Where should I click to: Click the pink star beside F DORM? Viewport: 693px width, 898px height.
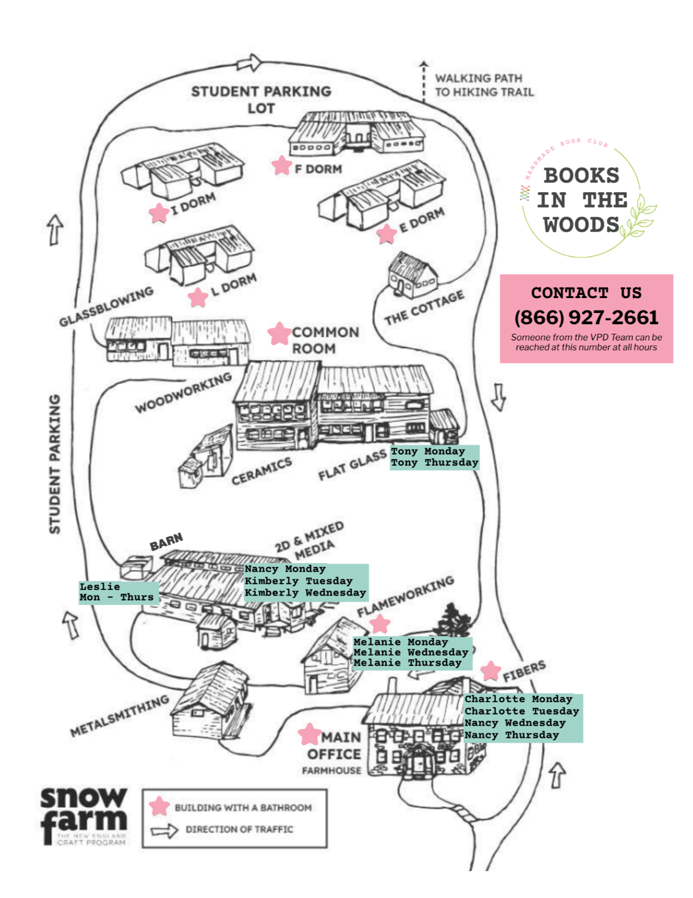click(x=282, y=165)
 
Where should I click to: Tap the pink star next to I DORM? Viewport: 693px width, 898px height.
click(x=160, y=213)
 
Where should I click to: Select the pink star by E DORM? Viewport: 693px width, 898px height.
click(x=387, y=234)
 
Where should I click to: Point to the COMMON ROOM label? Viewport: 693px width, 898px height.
click(x=325, y=340)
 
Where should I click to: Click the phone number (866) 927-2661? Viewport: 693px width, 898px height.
click(x=586, y=317)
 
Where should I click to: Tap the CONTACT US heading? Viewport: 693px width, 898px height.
click(x=586, y=292)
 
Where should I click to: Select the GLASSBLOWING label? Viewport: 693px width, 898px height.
click(x=106, y=307)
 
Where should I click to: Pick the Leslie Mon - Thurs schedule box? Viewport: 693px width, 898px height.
click(x=117, y=592)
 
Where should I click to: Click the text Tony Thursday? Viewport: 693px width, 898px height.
click(x=434, y=463)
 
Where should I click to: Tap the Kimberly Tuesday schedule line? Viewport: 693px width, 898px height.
click(x=299, y=581)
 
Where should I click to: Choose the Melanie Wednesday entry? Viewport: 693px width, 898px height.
click(x=411, y=652)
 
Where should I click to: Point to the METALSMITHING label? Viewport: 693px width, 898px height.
click(x=119, y=715)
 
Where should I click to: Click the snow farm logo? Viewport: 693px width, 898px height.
click(x=84, y=816)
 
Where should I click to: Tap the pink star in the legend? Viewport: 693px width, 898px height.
click(x=160, y=806)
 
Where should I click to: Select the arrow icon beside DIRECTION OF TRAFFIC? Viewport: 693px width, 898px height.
click(x=165, y=830)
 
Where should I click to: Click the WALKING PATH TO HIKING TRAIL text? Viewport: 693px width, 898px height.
click(x=484, y=85)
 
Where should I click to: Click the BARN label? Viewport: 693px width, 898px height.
click(x=166, y=542)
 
